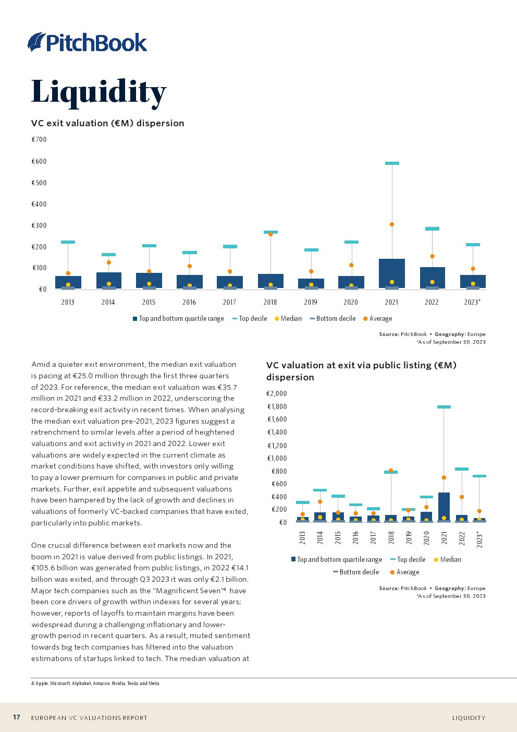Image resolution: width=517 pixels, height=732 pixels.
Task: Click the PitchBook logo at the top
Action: coord(88,42)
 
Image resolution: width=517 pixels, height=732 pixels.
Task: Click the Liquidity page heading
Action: coord(99,91)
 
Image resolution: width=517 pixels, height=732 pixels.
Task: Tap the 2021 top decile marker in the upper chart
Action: coord(392,163)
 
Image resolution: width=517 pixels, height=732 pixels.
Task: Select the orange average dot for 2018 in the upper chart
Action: coord(270,234)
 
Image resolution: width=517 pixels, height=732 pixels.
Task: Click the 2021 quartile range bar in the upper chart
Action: coord(392,273)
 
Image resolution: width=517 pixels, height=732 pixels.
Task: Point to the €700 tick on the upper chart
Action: coord(39,139)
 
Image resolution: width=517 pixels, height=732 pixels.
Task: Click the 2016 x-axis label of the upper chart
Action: coord(189,302)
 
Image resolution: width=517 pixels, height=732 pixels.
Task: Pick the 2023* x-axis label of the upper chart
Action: coord(472,302)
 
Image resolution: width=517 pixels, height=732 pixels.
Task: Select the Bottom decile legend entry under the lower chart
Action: coord(356,572)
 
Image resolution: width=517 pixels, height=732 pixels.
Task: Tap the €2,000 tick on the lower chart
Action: coord(277,393)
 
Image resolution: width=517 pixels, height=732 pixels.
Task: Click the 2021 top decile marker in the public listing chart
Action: coord(444,407)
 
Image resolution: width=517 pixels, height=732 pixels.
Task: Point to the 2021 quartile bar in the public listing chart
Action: coord(444,506)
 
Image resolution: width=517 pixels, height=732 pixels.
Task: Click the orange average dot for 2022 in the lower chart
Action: coord(462,497)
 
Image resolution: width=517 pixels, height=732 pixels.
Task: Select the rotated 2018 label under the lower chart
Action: coord(391,538)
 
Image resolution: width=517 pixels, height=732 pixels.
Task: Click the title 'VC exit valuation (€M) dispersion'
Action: coord(108,123)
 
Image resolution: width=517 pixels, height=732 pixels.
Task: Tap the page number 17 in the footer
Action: coord(17,717)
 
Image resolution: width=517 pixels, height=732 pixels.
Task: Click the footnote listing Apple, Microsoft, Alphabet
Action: coord(95,683)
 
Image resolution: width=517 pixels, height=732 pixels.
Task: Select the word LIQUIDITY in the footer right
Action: coord(469,718)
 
